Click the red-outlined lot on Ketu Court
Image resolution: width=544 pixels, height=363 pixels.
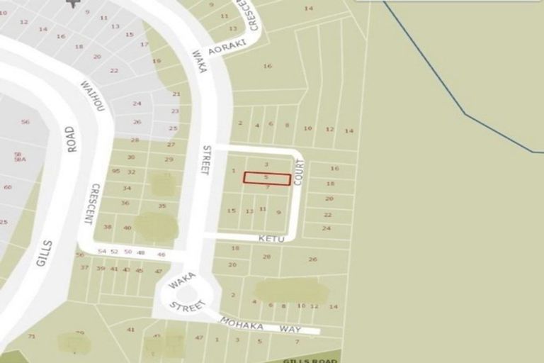pos(267,179)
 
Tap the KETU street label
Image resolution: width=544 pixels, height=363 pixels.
pos(271,239)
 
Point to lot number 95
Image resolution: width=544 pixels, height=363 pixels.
pos(115,172)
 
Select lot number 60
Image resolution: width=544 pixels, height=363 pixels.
pos(8,187)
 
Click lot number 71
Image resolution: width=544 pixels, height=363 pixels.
pos(31,336)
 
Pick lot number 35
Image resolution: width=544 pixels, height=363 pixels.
pos(162,206)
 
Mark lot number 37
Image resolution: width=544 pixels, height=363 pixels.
pos(84,267)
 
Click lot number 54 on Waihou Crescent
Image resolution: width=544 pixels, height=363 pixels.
pos(102,252)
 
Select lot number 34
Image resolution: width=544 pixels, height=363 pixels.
pos(127,188)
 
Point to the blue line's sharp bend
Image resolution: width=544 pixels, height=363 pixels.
pos(465,113)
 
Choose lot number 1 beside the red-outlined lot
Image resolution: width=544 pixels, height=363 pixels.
pos(234,171)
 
